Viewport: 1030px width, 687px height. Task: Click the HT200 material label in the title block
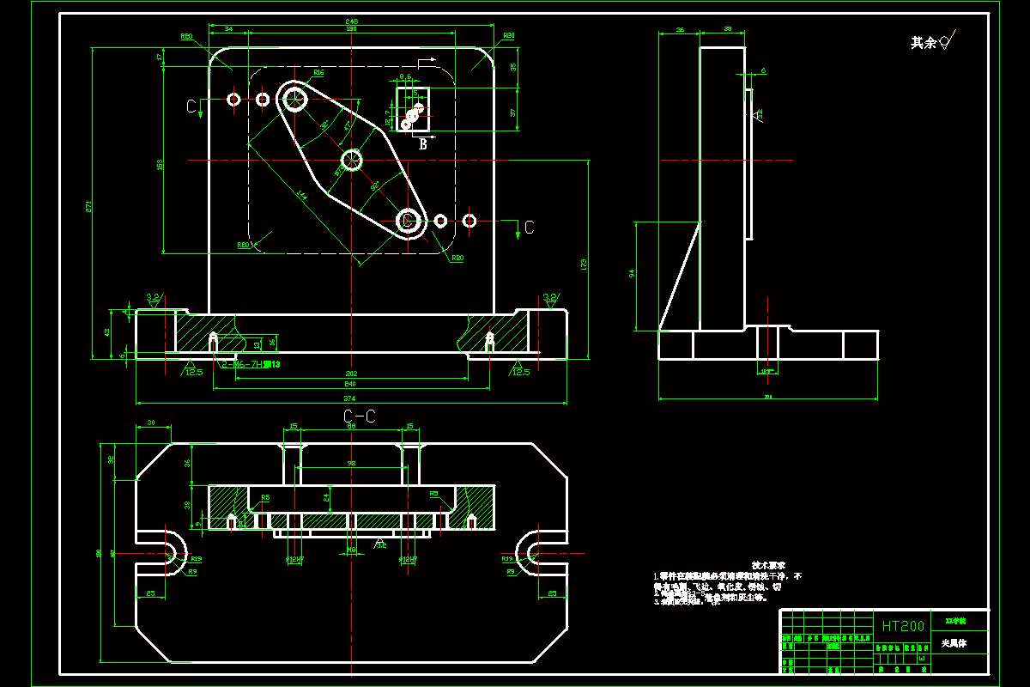[903, 627]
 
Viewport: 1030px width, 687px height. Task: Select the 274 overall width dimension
[349, 398]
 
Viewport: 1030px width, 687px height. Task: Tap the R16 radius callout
[318, 73]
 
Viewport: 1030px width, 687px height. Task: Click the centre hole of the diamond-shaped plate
[352, 159]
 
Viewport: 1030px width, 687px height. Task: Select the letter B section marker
[422, 145]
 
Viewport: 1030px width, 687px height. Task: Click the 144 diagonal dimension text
[301, 195]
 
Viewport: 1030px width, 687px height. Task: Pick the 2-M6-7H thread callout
[251, 365]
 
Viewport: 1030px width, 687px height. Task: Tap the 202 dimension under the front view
[351, 374]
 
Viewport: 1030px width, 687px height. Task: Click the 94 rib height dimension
[632, 273]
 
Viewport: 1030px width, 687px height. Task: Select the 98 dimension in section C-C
[351, 464]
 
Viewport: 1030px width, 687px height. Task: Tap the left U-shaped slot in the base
[166, 550]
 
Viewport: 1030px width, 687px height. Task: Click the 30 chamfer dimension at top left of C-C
[151, 423]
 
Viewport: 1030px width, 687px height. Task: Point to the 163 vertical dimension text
[160, 164]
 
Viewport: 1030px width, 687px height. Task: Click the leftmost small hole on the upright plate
[233, 100]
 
